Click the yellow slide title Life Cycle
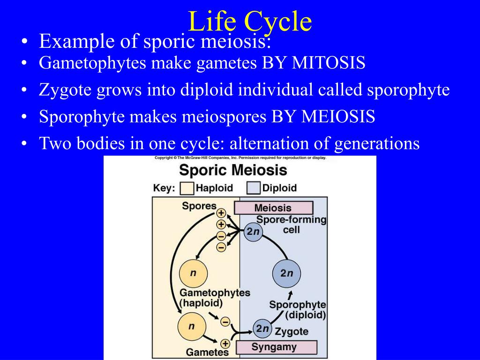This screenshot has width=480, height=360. click(x=249, y=22)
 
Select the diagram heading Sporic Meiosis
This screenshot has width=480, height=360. click(x=233, y=170)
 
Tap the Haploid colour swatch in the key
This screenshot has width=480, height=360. click(x=187, y=188)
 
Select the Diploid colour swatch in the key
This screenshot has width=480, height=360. click(x=254, y=188)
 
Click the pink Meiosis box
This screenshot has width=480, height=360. click(x=273, y=208)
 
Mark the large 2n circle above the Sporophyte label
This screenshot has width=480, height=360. click(x=286, y=273)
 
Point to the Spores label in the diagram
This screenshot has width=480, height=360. click(x=199, y=206)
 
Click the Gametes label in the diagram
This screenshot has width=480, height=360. click(x=207, y=352)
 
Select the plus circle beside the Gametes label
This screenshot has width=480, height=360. click(x=225, y=344)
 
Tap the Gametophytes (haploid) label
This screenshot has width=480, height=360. click(x=215, y=297)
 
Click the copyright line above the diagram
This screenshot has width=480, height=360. click(x=240, y=158)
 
